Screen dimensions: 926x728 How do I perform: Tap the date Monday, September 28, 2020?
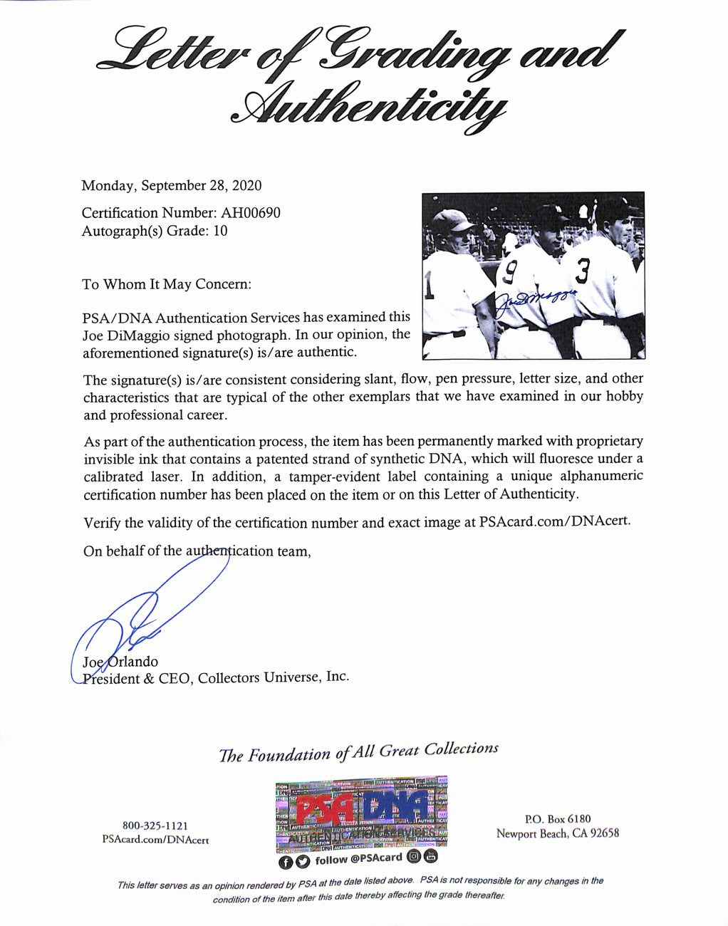171,186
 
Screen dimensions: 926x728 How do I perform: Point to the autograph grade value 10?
220,231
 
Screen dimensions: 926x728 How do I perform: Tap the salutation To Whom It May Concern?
167,284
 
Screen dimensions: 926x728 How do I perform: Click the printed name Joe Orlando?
121,662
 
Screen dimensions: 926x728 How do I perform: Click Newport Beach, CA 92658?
558,833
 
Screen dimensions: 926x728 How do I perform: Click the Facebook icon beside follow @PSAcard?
285,862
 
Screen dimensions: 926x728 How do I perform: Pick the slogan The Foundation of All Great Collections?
358,752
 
